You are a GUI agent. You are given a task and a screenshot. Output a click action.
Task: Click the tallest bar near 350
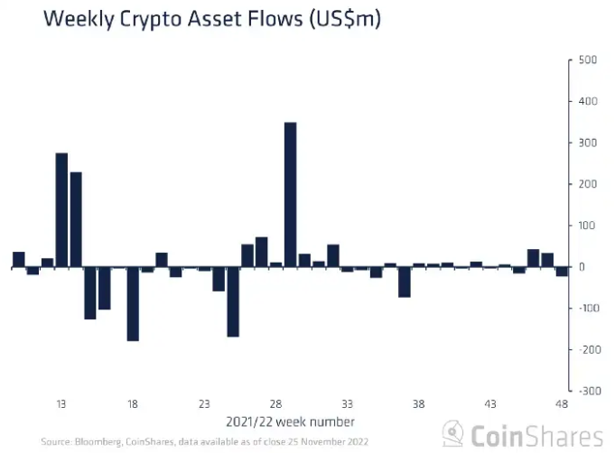[x=290, y=194]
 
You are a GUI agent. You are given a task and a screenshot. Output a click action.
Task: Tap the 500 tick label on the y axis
[x=587, y=60]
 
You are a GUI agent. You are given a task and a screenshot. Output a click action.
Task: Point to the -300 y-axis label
[x=585, y=391]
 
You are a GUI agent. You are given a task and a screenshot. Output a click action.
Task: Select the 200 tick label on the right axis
[x=587, y=184]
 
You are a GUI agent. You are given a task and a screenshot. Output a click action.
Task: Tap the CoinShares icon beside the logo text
[x=453, y=433]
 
